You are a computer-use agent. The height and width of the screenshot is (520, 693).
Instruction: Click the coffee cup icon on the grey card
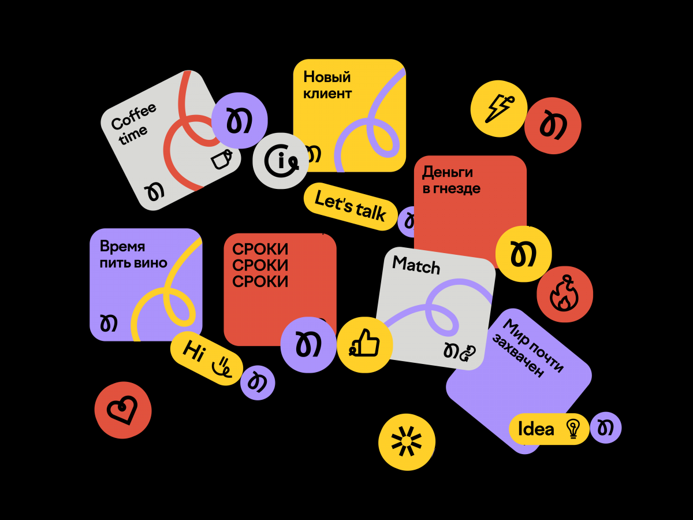tap(222, 159)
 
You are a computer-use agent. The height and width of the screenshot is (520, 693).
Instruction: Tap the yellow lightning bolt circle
tap(498, 108)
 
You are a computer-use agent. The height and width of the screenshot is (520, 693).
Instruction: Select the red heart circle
tap(123, 410)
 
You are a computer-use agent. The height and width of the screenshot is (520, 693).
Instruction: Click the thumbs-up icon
tap(365, 345)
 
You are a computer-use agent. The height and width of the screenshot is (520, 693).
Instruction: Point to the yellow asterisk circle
tap(407, 443)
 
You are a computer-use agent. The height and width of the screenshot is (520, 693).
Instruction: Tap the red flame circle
tap(565, 295)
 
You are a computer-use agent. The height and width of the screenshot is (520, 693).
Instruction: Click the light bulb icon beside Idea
tap(573, 429)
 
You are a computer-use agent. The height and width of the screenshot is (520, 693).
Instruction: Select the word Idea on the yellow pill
tap(536, 429)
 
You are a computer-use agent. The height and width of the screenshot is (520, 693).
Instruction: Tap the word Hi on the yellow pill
tap(193, 350)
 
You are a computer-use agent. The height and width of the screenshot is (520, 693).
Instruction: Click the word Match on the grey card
tap(416, 265)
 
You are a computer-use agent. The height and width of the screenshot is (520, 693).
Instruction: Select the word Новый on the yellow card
tap(327, 77)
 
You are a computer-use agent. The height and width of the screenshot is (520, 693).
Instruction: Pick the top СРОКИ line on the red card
tap(260, 250)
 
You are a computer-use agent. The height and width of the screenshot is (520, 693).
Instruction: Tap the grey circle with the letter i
tap(281, 161)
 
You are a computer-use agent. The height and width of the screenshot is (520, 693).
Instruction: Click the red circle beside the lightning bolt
tap(553, 125)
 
